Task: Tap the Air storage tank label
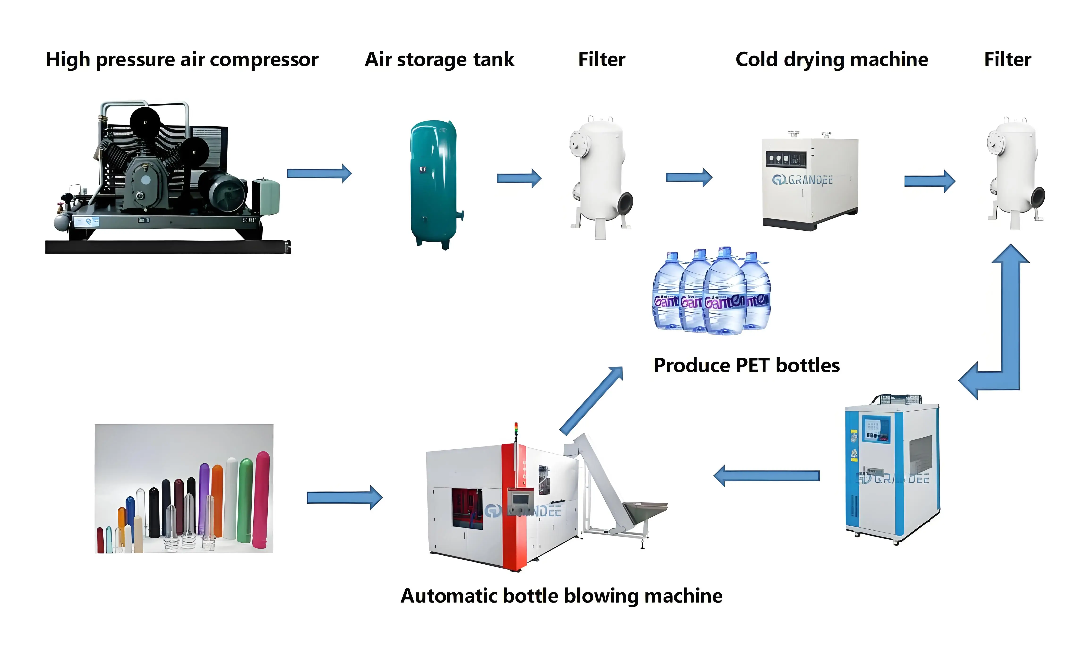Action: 439,60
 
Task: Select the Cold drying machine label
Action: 831,60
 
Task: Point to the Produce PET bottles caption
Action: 746,365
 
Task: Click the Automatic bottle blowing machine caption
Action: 561,596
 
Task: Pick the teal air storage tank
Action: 434,183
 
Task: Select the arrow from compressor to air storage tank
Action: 319,174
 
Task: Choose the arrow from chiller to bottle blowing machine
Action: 767,476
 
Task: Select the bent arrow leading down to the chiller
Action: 1002,331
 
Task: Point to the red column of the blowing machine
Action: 514,506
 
